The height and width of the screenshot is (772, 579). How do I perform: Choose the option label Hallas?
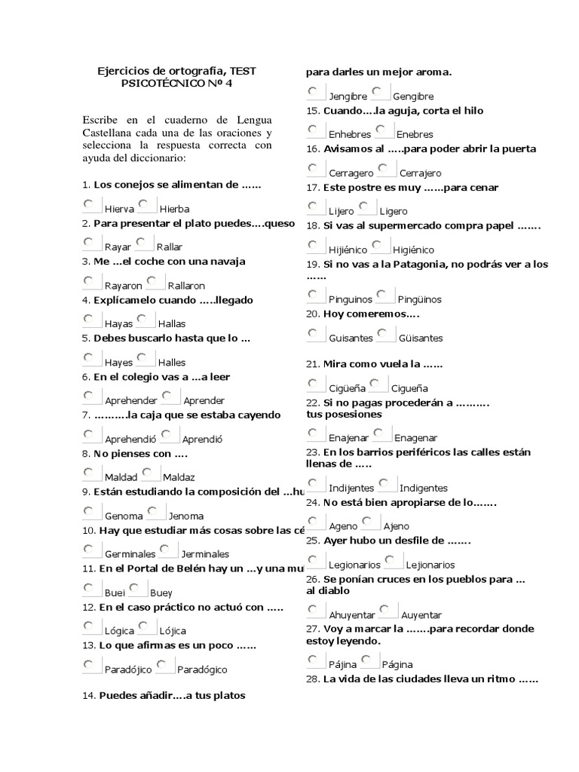click(x=172, y=323)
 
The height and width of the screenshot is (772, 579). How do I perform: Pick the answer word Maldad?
click(x=121, y=477)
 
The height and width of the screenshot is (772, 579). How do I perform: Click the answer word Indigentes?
click(x=423, y=488)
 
